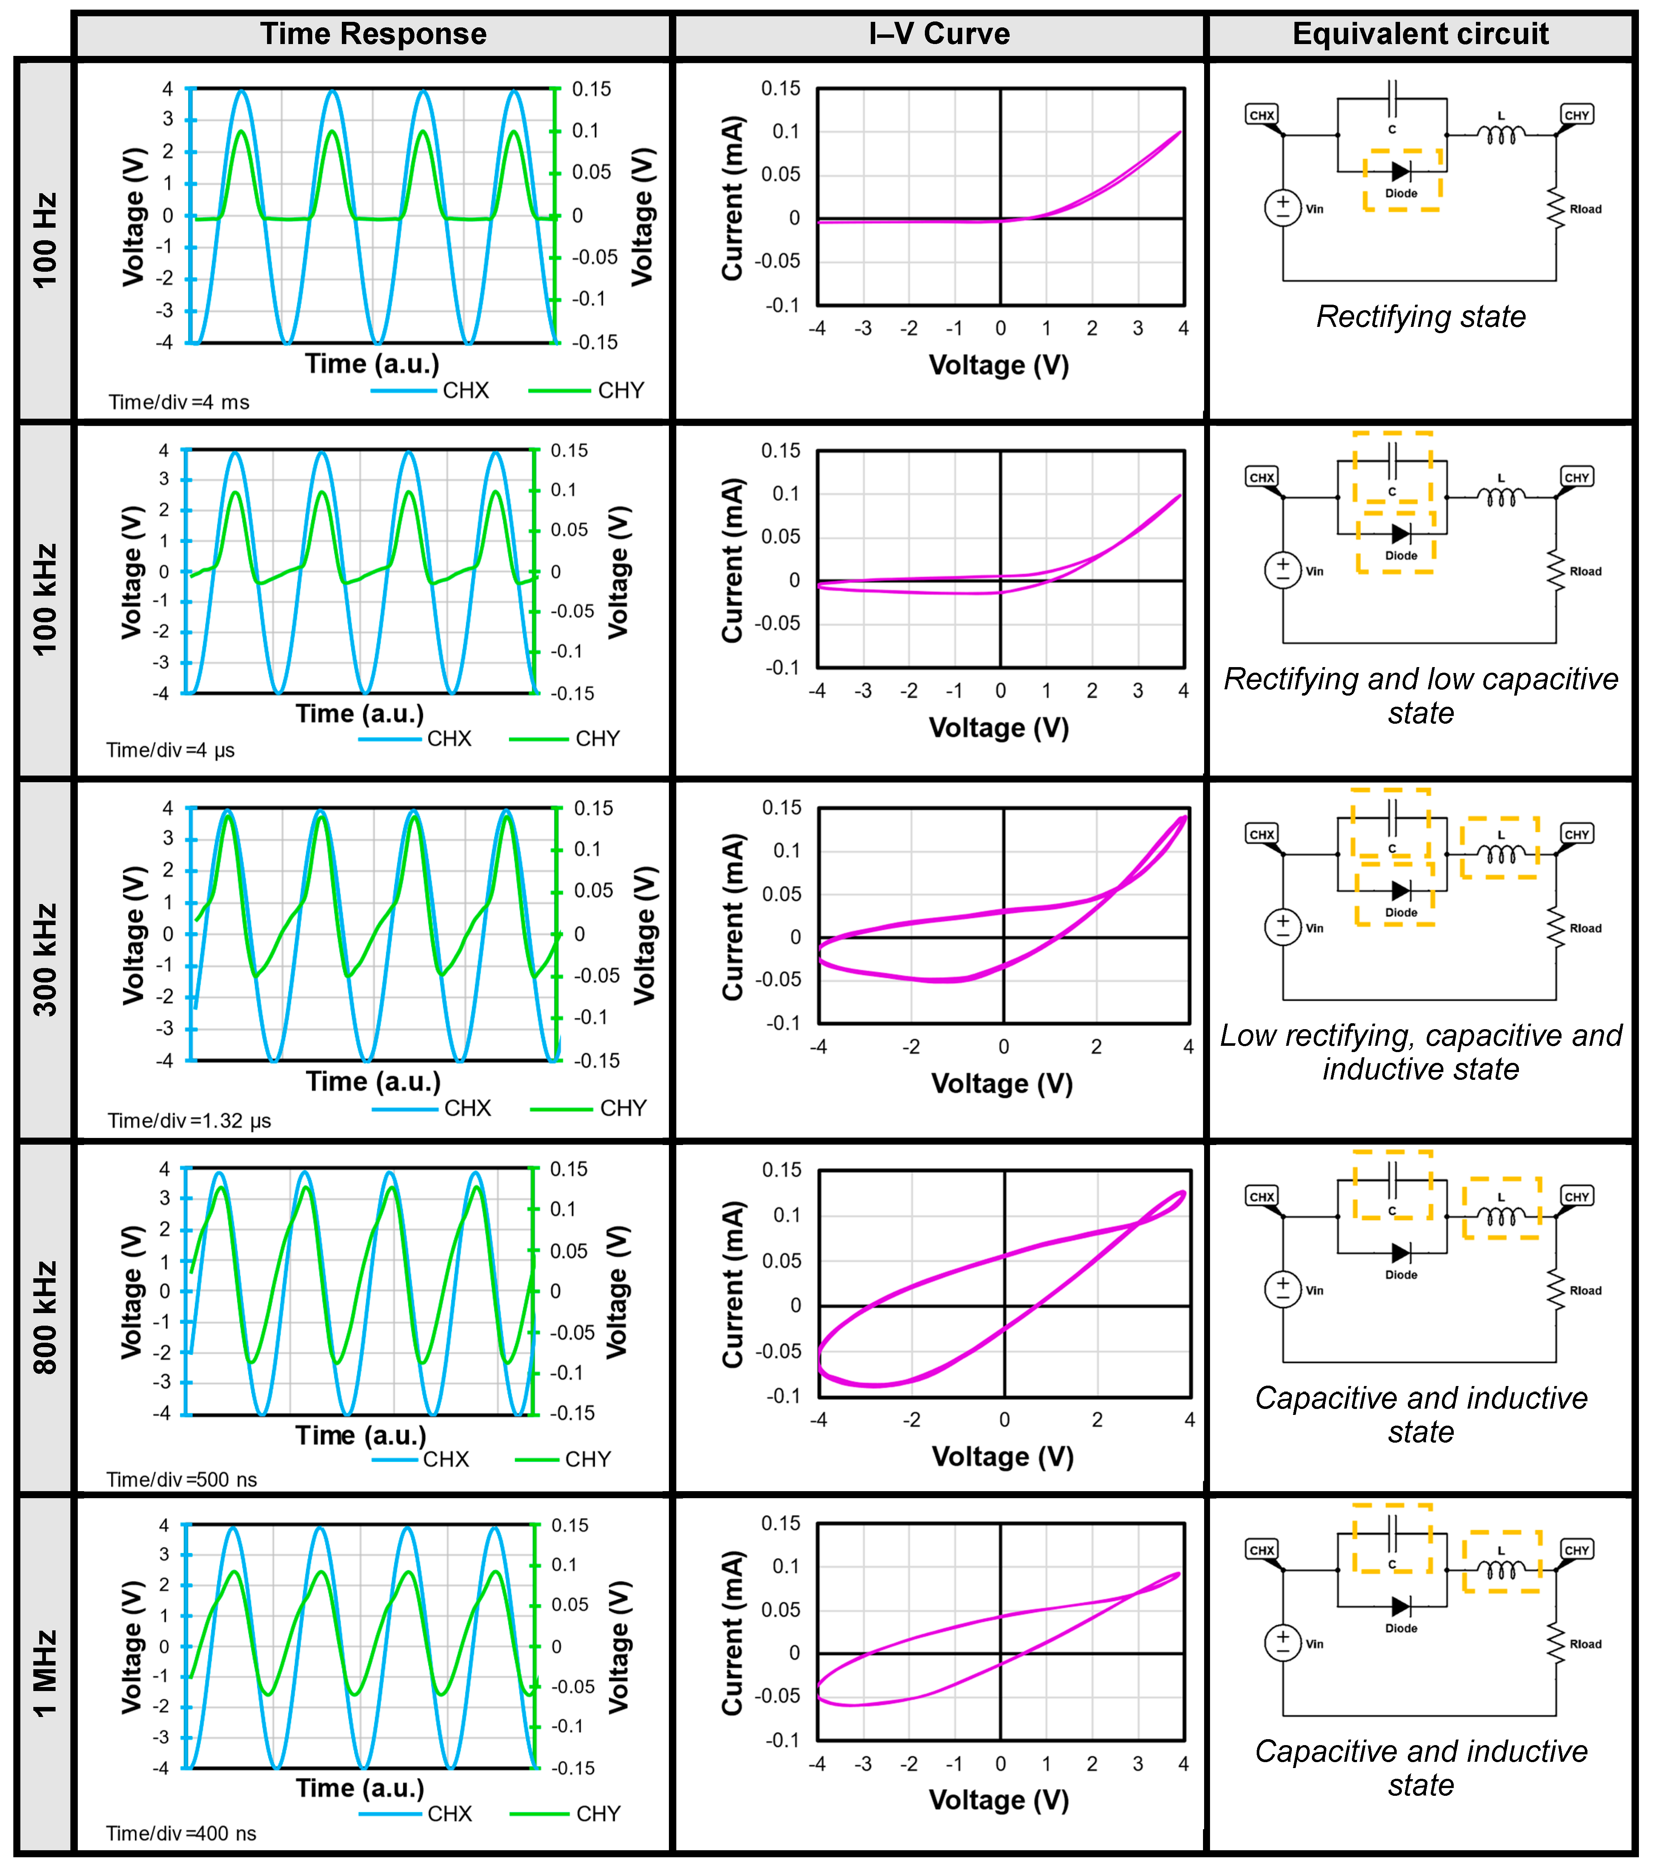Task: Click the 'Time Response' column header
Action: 373,34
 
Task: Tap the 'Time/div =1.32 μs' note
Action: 189,1121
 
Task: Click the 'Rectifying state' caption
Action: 1421,316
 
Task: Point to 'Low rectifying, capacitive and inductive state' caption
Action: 1421,1052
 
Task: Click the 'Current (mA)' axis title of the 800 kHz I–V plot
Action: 732,1284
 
